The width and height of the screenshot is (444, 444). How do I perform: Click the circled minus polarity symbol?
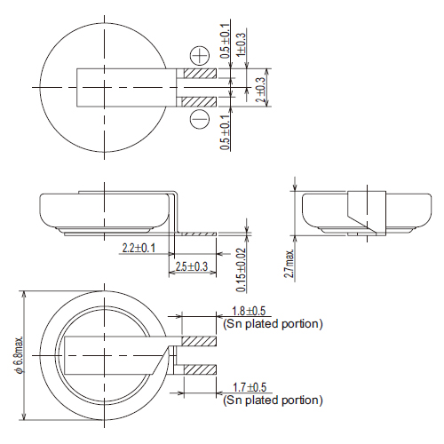(199, 118)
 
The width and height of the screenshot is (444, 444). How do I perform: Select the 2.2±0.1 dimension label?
(137, 248)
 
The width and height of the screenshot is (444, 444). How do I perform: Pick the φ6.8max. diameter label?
(17, 355)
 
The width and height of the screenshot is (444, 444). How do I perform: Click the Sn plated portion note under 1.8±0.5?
(273, 323)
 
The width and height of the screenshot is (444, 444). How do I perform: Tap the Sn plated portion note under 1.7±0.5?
(273, 401)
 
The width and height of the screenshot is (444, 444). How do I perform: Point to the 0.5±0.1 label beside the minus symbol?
(226, 131)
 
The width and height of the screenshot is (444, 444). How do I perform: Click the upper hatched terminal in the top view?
(200, 75)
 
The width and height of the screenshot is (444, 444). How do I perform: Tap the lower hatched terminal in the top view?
(200, 98)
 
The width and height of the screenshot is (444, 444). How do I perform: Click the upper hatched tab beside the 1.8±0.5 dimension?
(200, 341)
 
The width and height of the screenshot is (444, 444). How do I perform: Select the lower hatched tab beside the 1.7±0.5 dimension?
(200, 368)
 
